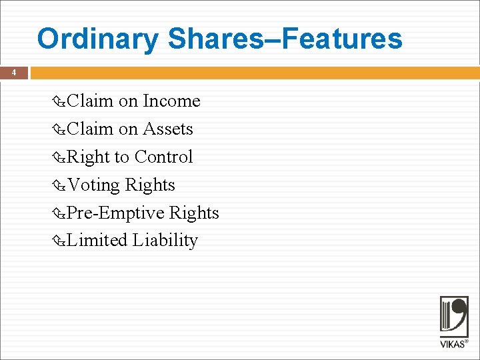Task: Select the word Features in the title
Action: (x=343, y=39)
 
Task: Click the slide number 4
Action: (x=14, y=73)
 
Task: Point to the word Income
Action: (x=171, y=101)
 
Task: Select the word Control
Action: (x=163, y=157)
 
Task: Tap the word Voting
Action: (x=94, y=185)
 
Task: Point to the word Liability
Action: (x=165, y=241)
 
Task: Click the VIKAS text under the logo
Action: (x=453, y=344)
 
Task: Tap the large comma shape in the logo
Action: (x=460, y=313)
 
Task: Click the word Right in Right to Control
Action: (x=89, y=157)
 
